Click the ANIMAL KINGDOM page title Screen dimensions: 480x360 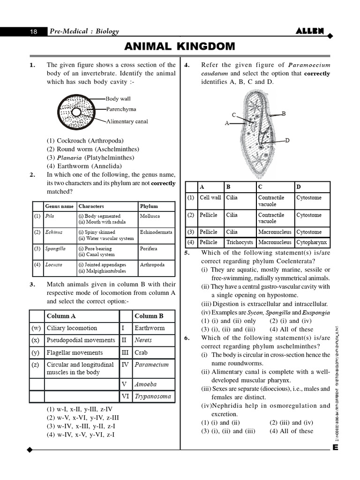point(180,46)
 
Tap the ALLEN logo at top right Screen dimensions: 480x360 point(310,31)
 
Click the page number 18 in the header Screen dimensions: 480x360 point(33,32)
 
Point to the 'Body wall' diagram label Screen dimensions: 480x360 point(118,99)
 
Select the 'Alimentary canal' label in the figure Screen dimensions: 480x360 point(127,121)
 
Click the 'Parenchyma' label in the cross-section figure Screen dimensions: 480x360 point(121,109)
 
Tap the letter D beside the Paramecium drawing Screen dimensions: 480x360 point(287,140)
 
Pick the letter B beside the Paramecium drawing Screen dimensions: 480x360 point(284,113)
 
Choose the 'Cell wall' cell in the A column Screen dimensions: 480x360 point(210,198)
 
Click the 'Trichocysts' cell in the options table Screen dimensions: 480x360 point(240,242)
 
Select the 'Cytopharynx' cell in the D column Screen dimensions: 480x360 point(311,242)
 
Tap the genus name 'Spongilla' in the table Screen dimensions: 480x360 point(55,249)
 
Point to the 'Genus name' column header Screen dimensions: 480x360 point(59,206)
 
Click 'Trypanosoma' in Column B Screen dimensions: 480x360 point(152,396)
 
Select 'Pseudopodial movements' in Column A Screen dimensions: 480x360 point(81,340)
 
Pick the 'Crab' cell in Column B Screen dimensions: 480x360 point(141,352)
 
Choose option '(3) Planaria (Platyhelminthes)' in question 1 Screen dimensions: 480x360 point(90,157)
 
